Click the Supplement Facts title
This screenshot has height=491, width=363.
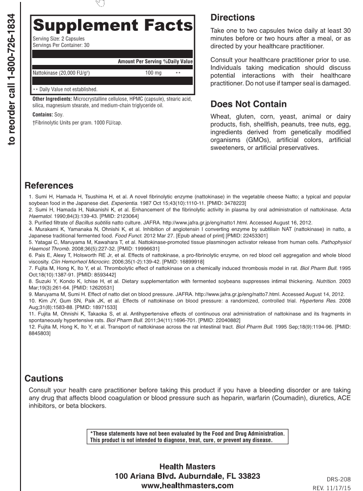(x=112, y=26)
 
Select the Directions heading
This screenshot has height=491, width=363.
(x=232, y=18)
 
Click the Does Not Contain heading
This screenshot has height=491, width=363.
(x=248, y=104)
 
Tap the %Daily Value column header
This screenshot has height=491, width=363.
(x=178, y=61)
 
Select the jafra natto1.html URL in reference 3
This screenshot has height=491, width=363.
(x=159, y=222)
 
